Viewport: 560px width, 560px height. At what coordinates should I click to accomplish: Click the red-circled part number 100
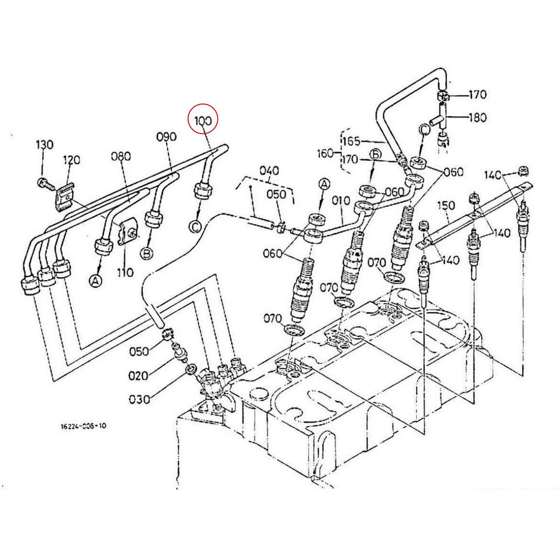(203, 120)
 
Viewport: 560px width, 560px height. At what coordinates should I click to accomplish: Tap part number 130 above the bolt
(45, 144)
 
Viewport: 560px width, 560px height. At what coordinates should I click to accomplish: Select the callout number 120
(71, 160)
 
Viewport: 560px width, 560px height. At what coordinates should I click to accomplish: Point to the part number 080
(120, 155)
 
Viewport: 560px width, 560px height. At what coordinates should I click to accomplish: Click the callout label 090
(166, 137)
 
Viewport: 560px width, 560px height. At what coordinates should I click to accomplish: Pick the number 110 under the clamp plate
(126, 272)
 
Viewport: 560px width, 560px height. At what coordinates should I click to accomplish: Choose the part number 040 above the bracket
(269, 171)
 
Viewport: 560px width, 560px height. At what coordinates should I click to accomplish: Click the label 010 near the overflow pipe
(341, 201)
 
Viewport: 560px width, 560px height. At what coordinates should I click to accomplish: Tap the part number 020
(139, 375)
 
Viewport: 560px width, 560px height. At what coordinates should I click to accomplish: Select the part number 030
(140, 399)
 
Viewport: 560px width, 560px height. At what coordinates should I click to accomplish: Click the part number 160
(325, 153)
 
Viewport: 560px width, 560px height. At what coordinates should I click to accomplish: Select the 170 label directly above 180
(477, 95)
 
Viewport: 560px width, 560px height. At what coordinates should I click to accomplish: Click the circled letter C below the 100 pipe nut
(195, 226)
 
